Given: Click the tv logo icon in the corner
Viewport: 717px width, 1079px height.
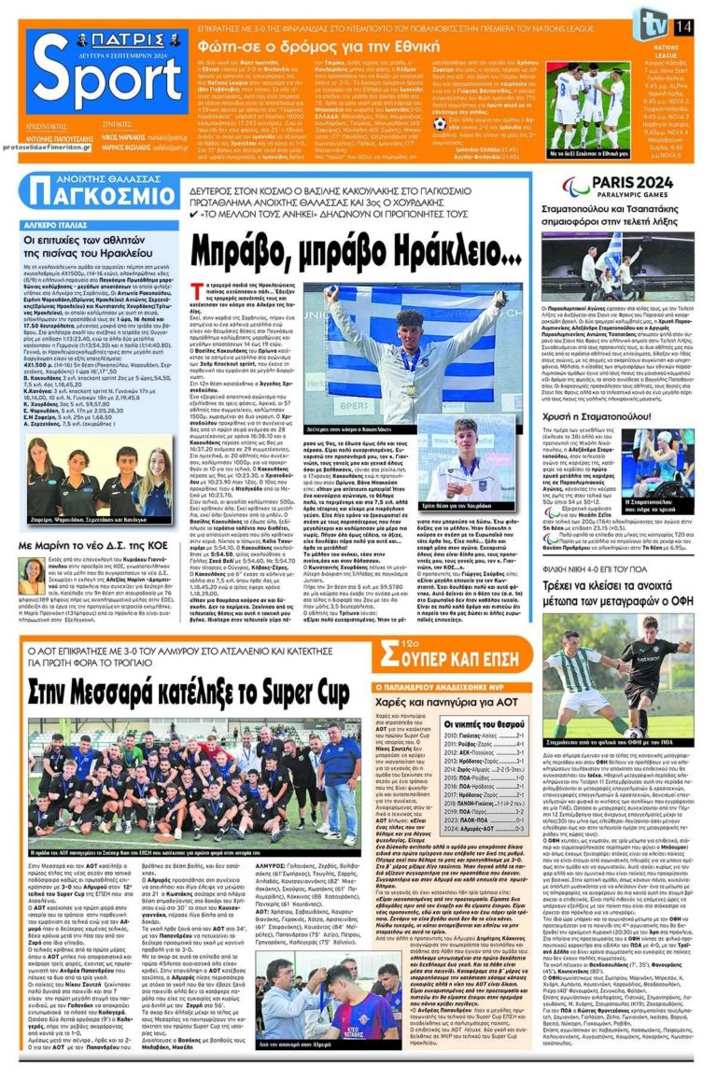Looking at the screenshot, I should (646, 22).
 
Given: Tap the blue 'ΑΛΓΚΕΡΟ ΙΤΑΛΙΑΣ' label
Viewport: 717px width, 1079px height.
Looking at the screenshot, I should (62, 226).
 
